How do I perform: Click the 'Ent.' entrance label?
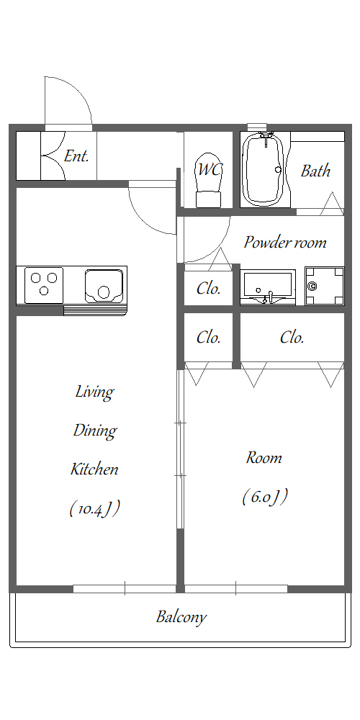[x=76, y=156]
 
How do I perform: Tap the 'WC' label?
[x=210, y=169]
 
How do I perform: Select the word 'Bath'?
[x=315, y=171]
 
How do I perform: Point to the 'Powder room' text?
[x=284, y=242]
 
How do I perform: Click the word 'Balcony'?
[x=181, y=617]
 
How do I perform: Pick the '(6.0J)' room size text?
[x=265, y=497]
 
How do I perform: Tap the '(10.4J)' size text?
[x=94, y=508]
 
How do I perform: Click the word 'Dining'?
[x=95, y=431]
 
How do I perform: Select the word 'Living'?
[x=94, y=392]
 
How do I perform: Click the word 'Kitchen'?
[x=94, y=469]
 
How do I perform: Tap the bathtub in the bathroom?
[x=264, y=169]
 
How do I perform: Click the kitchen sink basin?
[x=104, y=285]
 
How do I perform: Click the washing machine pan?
[x=325, y=286]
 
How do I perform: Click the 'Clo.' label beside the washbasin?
[x=209, y=289]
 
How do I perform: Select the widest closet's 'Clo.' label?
[x=292, y=338]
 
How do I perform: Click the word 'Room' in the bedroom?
[x=264, y=457]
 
